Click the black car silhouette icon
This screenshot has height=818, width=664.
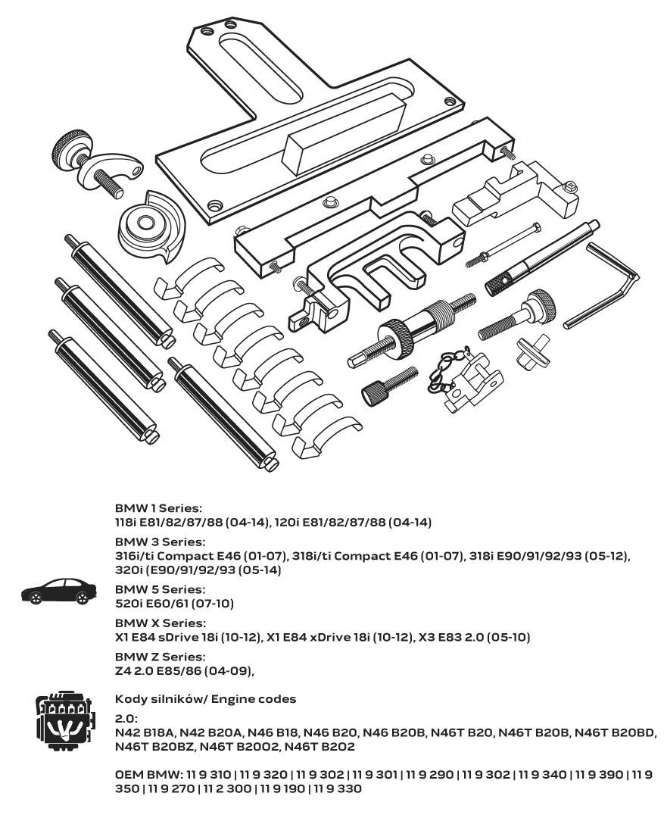59,592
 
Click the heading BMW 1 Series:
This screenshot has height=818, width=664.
158,507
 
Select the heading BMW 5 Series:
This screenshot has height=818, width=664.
160,589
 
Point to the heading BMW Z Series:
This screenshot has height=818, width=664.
160,656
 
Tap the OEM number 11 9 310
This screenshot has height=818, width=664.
201,774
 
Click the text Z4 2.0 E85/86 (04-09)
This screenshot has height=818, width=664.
184,670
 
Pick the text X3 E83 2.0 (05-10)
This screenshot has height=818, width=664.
474,637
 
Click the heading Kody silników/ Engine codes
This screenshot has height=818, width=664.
205,699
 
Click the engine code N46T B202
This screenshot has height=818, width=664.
320,747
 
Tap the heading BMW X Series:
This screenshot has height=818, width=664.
160,623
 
